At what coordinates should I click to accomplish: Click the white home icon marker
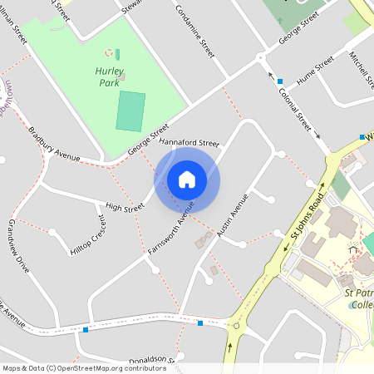click(187, 180)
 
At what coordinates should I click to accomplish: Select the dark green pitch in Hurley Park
click(130, 111)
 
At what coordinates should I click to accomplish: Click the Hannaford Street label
click(188, 143)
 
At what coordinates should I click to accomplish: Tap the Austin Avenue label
click(233, 216)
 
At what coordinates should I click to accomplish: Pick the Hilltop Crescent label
click(87, 236)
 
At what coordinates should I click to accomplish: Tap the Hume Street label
click(315, 71)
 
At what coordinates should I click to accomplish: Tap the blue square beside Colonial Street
click(280, 81)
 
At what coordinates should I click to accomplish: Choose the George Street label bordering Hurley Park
click(148, 140)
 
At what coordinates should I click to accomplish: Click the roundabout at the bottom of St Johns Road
click(237, 326)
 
